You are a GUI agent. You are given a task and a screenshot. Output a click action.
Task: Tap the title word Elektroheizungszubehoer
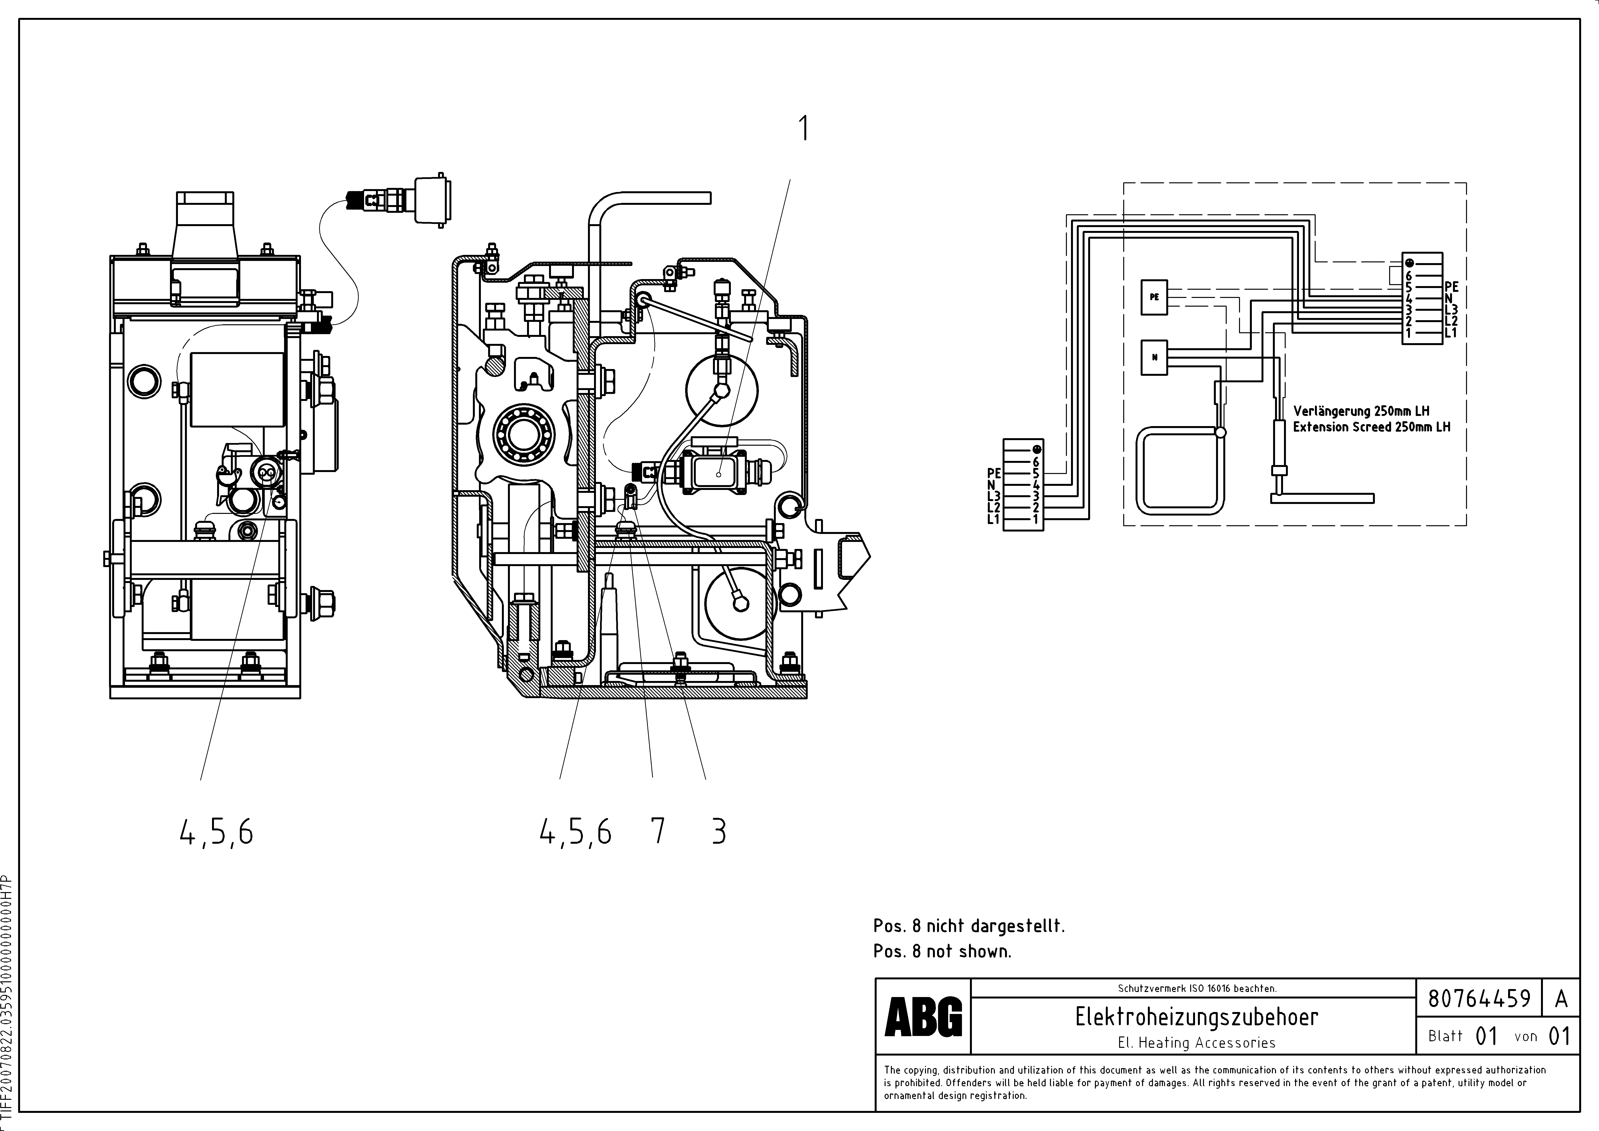(x=1196, y=1018)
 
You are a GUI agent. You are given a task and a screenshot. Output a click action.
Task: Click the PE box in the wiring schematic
(x=1154, y=297)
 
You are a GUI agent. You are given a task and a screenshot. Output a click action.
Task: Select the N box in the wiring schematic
(x=1154, y=357)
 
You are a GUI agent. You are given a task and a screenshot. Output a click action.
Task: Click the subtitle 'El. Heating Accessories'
(x=1196, y=1042)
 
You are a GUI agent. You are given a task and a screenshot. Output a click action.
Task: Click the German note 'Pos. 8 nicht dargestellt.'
(x=969, y=926)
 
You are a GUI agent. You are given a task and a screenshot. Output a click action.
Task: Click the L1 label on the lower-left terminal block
(x=993, y=519)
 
